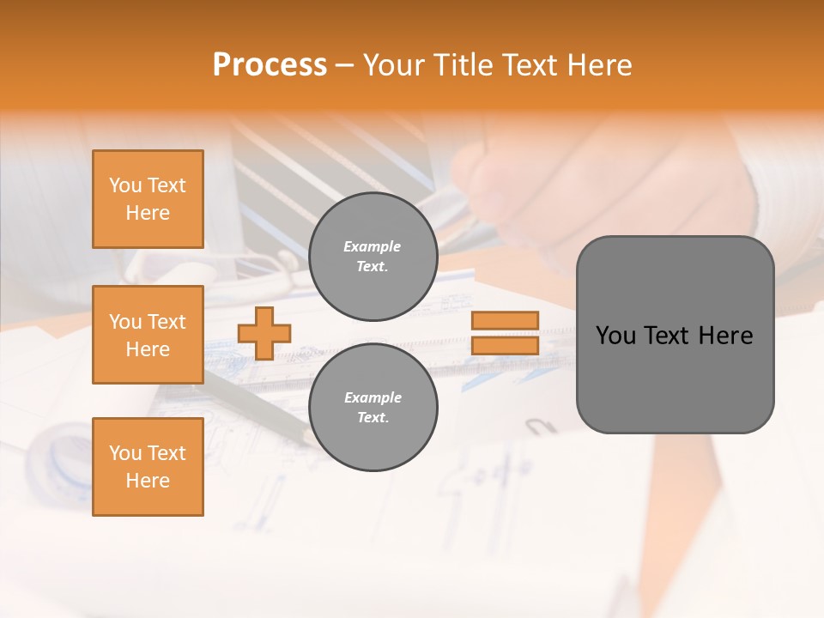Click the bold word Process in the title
pos(270,65)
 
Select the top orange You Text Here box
pos(148,199)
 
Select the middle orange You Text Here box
pos(148,335)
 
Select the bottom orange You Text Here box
pos(148,467)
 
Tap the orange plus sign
pos(264,333)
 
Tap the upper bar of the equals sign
pos(505,321)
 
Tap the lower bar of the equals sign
pos(505,346)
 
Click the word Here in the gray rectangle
pos(725,336)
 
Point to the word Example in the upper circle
pos(373,247)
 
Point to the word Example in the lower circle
pos(373,398)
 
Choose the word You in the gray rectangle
pos(615,336)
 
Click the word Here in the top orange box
pos(148,213)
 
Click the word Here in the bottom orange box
pos(148,481)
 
